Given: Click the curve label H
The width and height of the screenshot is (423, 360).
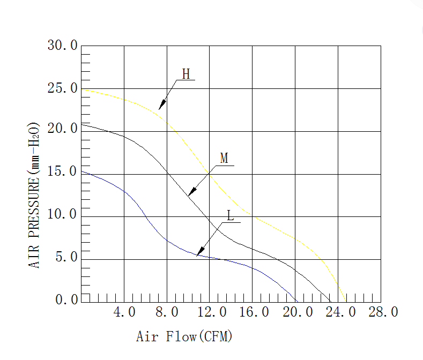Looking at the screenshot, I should (x=186, y=74).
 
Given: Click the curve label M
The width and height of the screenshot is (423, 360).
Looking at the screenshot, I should (x=224, y=158).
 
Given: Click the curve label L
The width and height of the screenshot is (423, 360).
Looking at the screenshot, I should (x=231, y=216).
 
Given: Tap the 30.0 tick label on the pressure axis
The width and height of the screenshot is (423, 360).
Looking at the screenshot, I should (x=63, y=46).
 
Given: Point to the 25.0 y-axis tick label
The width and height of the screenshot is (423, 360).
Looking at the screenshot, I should (x=63, y=88).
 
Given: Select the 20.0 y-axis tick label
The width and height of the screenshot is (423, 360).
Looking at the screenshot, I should (x=63, y=129).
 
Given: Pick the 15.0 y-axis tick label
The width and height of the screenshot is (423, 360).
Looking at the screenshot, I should (x=63, y=172).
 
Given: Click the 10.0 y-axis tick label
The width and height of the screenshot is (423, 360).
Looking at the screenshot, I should (x=63, y=215).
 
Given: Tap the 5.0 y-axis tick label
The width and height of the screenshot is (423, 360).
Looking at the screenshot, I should (x=66, y=258).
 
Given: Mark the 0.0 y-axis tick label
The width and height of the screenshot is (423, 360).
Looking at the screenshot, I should (x=66, y=300).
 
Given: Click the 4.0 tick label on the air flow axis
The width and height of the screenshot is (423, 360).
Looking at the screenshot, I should (x=124, y=312).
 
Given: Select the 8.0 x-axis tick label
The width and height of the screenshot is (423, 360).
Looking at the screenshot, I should (x=167, y=312).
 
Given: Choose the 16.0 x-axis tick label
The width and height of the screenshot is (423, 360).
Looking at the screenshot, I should (x=253, y=312).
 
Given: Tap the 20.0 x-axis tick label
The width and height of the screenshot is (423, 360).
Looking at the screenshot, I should (x=295, y=312).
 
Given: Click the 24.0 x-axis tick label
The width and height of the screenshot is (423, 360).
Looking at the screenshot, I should (x=338, y=312).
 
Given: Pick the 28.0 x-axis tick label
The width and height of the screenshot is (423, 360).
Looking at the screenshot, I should (x=381, y=312).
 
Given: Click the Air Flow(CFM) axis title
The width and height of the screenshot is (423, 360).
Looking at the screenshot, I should (x=184, y=337).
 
